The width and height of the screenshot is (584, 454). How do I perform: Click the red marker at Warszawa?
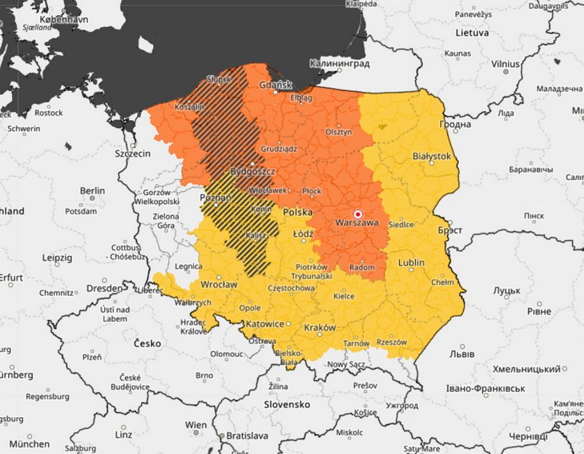point(358,215)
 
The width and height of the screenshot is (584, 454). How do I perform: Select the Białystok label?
point(432,157)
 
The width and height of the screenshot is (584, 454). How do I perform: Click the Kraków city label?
point(320,327)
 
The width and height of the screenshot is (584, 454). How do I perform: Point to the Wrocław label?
point(218,285)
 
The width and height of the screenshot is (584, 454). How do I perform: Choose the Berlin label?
point(92,190)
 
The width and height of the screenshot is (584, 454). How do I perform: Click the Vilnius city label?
point(505,63)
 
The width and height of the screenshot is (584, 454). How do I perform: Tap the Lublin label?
point(411,262)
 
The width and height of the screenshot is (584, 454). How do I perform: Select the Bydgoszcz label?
point(253,171)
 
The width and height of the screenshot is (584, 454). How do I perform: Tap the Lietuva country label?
point(472,33)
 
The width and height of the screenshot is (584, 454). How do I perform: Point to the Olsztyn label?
point(339,131)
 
